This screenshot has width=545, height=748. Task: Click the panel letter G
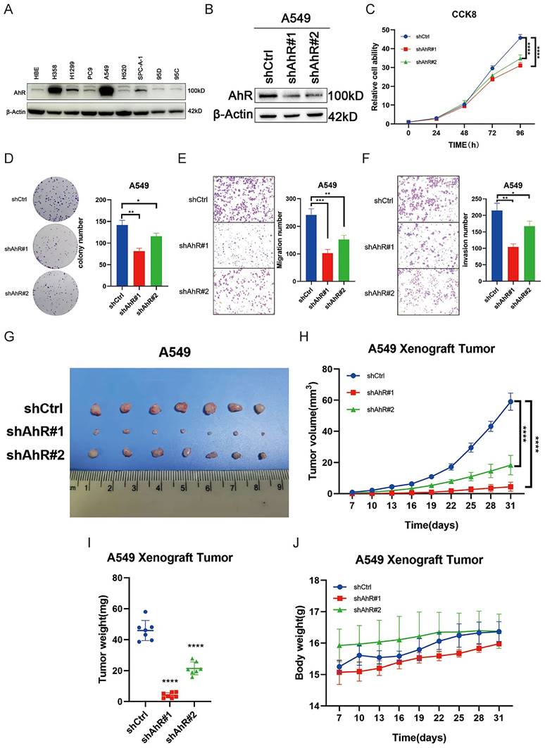coord(9,337)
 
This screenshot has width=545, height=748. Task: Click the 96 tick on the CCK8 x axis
coord(520,132)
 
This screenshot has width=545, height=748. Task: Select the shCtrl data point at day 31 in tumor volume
coord(510,402)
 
